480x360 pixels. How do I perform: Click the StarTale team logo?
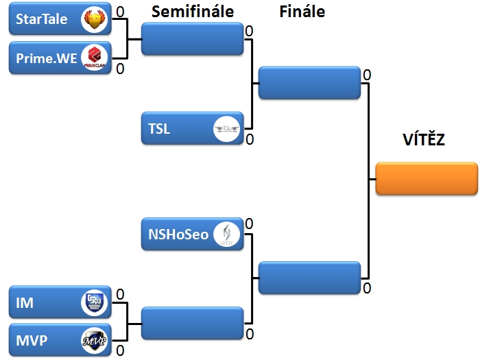pyautogui.click(x=94, y=19)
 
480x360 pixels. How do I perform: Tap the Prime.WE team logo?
pyautogui.click(x=94, y=58)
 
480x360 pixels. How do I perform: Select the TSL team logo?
pyautogui.click(x=226, y=128)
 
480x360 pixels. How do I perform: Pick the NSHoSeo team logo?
pyautogui.click(x=226, y=235)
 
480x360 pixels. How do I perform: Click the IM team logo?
pyautogui.click(x=94, y=302)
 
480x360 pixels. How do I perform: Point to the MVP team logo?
pyautogui.click(x=94, y=341)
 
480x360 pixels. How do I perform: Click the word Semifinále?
pyautogui.click(x=193, y=12)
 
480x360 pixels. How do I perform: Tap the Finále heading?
pyautogui.click(x=302, y=12)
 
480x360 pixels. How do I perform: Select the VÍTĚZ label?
pyautogui.click(x=423, y=141)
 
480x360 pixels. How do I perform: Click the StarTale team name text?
pyautogui.click(x=42, y=19)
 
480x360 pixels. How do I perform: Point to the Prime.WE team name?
pyautogui.click(x=47, y=58)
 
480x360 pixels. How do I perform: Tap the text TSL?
pyautogui.click(x=159, y=128)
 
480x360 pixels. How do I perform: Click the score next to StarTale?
pyautogui.click(x=120, y=12)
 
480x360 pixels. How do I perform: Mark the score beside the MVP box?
pyautogui.click(x=120, y=351)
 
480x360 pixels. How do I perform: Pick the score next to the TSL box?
pyautogui.click(x=250, y=139)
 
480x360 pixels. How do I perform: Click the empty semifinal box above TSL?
pyautogui.click(x=193, y=39)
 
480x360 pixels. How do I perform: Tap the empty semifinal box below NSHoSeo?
pyautogui.click(x=193, y=323)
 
